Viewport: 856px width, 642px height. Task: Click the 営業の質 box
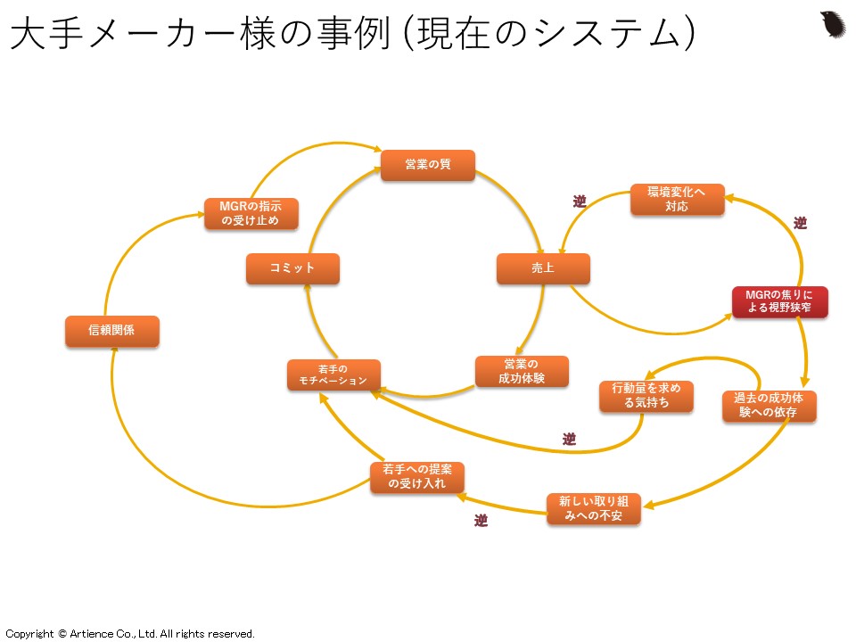(x=428, y=165)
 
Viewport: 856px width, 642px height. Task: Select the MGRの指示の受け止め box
(x=251, y=214)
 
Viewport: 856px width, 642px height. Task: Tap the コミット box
(x=292, y=268)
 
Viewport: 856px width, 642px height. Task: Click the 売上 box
(x=543, y=268)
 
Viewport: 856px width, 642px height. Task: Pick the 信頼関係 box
(x=112, y=331)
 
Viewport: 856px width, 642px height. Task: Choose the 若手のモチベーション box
(x=333, y=374)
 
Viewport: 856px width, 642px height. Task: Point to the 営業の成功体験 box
(x=522, y=371)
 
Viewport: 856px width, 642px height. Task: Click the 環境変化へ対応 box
(x=678, y=200)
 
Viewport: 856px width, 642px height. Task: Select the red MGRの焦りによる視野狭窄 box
(x=779, y=301)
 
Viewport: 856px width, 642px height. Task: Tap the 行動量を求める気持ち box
(x=646, y=396)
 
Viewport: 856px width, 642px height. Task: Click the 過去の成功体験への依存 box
(x=769, y=406)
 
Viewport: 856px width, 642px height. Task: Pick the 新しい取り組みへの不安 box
(x=593, y=508)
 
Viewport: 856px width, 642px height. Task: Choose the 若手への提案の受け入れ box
(x=417, y=477)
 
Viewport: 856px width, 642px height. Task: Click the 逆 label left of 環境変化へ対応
(x=580, y=202)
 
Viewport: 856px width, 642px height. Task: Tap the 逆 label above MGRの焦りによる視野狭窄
(x=800, y=224)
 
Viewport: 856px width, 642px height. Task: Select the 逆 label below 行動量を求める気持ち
(x=569, y=440)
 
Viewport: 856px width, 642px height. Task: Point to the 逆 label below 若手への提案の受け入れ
(x=481, y=521)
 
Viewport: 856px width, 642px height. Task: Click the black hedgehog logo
(x=833, y=24)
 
